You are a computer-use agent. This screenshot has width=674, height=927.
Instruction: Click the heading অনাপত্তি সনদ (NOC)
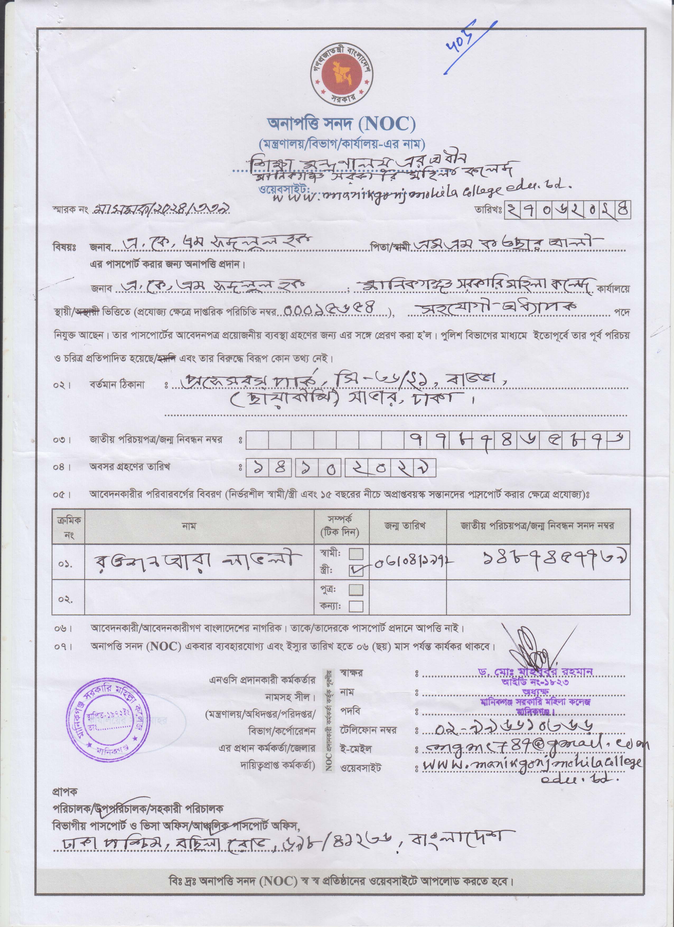(x=341, y=124)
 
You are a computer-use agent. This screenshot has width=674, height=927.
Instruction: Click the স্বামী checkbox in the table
(x=356, y=554)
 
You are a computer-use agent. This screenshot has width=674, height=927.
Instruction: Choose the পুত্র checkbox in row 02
(x=356, y=590)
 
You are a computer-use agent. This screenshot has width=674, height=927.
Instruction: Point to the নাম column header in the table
(x=189, y=526)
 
